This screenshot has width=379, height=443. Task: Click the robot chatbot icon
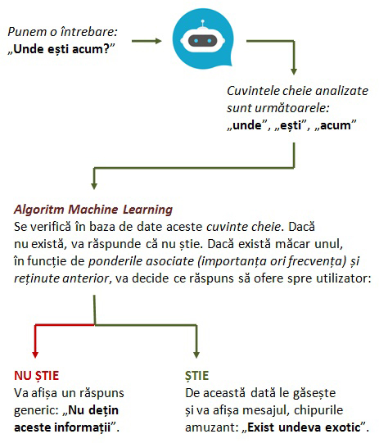pyautogui.click(x=203, y=38)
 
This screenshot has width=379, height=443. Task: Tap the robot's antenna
pyautogui.click(x=202, y=24)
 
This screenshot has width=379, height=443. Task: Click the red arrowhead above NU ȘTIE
pyautogui.click(x=35, y=355)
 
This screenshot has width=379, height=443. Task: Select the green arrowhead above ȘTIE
pyautogui.click(x=196, y=355)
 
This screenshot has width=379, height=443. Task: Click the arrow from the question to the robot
pyautogui.click(x=147, y=41)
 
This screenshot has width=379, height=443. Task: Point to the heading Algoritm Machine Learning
pyautogui.click(x=93, y=210)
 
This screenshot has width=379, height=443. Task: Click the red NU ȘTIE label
pyautogui.click(x=37, y=376)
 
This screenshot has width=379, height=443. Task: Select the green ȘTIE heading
pyautogui.click(x=196, y=376)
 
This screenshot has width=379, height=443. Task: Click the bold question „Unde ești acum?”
pyautogui.click(x=61, y=49)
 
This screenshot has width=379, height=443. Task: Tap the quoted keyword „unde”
pyautogui.click(x=247, y=125)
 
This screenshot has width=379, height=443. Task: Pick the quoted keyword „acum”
pyautogui.click(x=336, y=125)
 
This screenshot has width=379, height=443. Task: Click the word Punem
pyautogui.click(x=27, y=32)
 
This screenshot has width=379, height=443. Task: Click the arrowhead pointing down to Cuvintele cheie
pyautogui.click(x=294, y=71)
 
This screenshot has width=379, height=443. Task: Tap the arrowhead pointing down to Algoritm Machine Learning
pyautogui.click(x=94, y=186)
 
